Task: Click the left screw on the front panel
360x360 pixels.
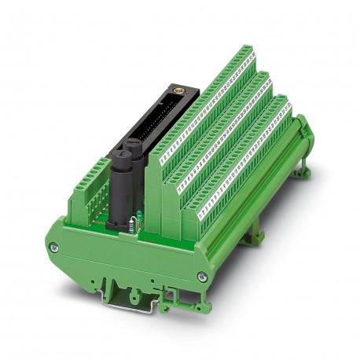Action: [53, 248]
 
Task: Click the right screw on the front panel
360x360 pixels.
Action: [202, 274]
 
